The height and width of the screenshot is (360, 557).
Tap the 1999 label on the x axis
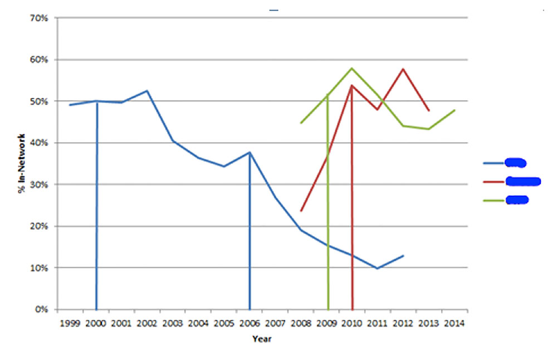click(x=70, y=323)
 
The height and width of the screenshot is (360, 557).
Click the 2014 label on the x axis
click(x=454, y=323)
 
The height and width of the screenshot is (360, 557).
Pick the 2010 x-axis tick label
click(x=351, y=323)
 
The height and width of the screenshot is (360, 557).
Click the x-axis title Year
click(x=262, y=338)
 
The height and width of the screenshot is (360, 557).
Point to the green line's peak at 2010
click(x=351, y=68)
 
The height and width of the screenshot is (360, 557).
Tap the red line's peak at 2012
click(x=403, y=69)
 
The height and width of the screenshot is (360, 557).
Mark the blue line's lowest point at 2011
click(x=377, y=268)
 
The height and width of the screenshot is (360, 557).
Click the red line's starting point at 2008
click(x=301, y=211)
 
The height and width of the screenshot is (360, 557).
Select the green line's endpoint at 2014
click(x=455, y=110)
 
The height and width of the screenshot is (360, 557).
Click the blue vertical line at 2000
click(x=97, y=206)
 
